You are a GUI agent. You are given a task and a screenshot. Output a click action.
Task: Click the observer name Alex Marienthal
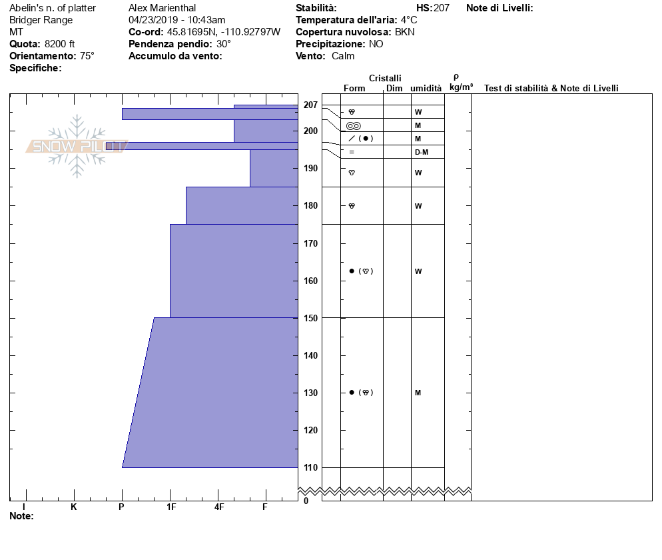click(162, 8)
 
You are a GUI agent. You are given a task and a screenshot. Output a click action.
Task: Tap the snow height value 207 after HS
click(442, 8)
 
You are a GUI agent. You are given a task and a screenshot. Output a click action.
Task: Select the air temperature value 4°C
click(409, 20)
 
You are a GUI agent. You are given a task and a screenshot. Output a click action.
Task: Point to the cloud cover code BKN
click(405, 32)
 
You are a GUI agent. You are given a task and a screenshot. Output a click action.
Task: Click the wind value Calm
click(343, 56)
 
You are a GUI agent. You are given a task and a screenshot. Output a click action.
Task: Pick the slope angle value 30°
click(224, 44)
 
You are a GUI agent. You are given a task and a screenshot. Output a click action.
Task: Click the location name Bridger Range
click(41, 20)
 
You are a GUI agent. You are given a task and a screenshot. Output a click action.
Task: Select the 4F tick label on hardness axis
click(219, 507)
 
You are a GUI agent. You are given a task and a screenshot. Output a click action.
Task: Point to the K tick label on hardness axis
click(74, 507)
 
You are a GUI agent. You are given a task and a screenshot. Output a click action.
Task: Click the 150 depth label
click(311, 318)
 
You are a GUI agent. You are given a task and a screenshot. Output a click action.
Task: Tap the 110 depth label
click(311, 467)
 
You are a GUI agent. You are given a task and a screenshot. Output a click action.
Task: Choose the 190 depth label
click(311, 169)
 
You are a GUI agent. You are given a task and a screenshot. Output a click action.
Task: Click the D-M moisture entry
click(421, 152)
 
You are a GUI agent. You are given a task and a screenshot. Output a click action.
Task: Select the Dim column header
click(394, 89)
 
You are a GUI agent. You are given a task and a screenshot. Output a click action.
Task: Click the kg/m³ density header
click(462, 87)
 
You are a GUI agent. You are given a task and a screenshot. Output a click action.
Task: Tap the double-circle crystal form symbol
click(354, 125)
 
